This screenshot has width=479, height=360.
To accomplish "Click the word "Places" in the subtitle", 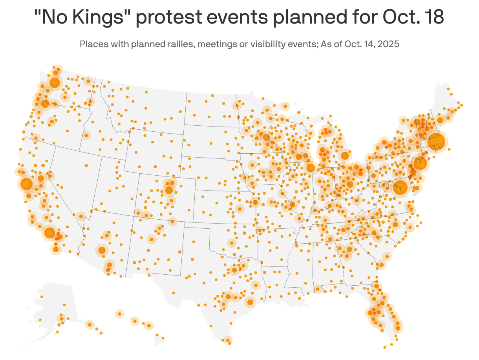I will (x=92, y=44).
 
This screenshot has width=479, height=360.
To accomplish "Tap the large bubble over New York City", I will (x=420, y=163).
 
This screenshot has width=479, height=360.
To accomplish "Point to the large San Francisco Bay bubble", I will (x=26, y=184).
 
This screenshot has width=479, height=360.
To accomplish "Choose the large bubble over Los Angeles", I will (x=49, y=233).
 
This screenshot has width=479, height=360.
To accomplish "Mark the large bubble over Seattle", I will (x=55, y=83).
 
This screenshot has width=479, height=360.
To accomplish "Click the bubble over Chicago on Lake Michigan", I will (x=311, y=168).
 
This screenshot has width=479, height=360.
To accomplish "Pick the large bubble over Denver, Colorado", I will (x=169, y=190).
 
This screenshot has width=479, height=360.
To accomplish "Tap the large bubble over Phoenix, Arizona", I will (x=102, y=250).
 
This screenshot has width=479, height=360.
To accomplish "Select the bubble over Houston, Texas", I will (x=250, y=302).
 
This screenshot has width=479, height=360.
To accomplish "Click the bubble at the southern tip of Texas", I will (x=227, y=340).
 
